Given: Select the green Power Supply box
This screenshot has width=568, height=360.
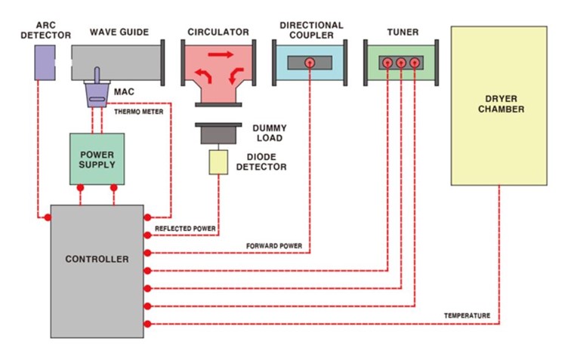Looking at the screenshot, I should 97,158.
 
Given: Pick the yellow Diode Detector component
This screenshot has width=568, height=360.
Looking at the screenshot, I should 219,162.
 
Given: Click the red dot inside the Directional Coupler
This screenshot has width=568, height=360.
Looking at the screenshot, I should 310,63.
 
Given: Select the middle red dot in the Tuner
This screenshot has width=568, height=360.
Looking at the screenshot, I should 401,63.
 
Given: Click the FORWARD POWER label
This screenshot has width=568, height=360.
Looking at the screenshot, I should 274,246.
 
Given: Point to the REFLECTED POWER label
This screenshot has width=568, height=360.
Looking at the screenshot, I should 185,228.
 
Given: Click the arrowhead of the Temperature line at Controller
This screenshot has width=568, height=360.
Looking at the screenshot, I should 148,324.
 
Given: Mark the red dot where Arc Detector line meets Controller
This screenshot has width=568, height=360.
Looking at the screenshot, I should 47,217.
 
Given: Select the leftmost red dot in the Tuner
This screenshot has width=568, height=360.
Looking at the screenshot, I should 387,63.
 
